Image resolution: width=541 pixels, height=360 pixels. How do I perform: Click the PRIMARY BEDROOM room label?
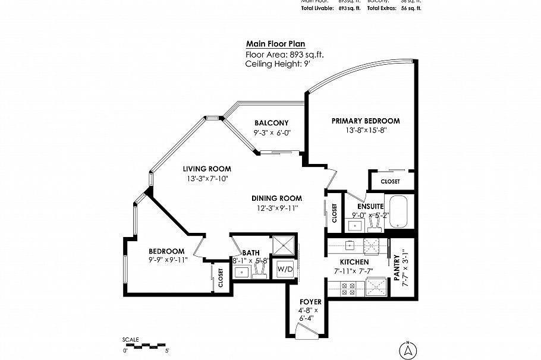click(x=366, y=121)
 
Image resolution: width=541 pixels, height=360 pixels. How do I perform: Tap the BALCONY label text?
click(x=271, y=123)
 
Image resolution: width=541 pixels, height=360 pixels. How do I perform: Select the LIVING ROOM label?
click(x=207, y=169)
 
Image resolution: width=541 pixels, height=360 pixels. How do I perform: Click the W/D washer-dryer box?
click(x=286, y=269)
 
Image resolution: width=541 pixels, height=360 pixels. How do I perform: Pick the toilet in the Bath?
click(x=259, y=270)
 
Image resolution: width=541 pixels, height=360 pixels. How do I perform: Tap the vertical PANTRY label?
click(x=396, y=267)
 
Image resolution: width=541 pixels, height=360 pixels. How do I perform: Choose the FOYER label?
click(x=310, y=302)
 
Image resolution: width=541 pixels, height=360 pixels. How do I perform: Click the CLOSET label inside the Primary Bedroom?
click(x=390, y=181)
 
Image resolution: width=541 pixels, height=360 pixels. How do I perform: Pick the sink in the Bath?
click(x=242, y=271)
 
